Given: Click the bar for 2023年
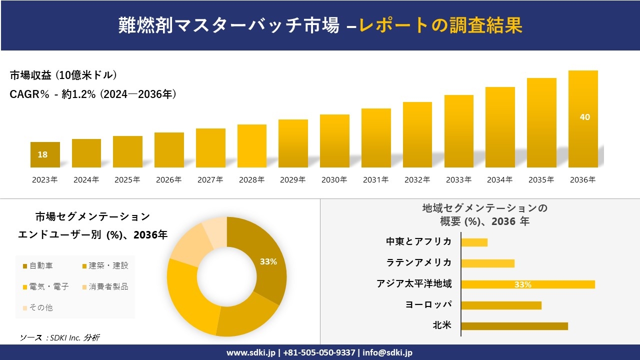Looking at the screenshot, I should pos(45,154).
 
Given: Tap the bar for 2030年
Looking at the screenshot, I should pos(334,141).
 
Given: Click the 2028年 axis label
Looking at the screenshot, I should pos(251,180).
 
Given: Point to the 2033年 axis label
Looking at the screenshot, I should pos(458,180).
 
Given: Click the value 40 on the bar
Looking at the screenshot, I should pos(584,117).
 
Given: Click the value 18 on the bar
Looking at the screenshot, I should pos(42,154).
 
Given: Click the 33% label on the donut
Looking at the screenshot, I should pos(268,261).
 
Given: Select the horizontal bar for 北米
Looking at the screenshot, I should pos(514,326).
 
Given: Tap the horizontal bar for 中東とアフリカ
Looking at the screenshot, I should pos(474,242).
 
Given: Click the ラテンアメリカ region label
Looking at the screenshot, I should pos(418,262).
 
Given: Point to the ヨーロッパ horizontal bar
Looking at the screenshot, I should pos(501,305).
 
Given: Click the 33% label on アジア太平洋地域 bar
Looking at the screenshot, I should pos(523,284).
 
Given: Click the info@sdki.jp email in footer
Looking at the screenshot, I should pos(387,352).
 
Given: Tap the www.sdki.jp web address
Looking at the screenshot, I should pos(250,352).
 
